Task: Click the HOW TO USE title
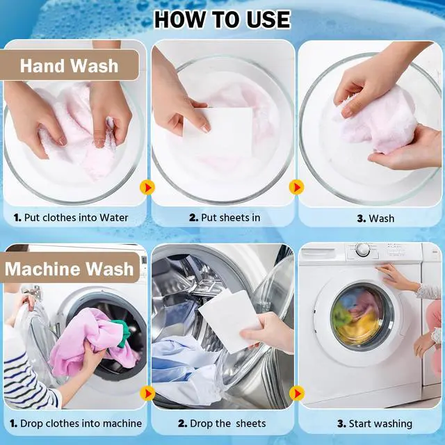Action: point(222,19)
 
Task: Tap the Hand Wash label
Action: point(69,66)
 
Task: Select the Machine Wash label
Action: point(70,269)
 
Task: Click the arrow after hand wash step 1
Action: point(147,187)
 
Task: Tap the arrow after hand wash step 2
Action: point(297,187)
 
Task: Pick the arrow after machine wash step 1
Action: point(147,394)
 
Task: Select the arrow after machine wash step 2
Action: point(297,394)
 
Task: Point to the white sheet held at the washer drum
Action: point(230,319)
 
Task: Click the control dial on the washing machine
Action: point(363,250)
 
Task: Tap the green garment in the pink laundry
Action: point(123,332)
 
